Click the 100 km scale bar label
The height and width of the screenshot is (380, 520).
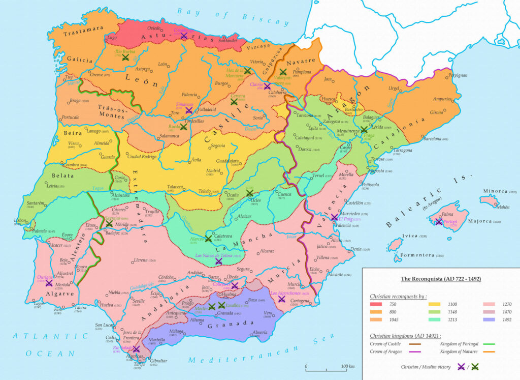click(348, 367)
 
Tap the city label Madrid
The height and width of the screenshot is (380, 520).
click(213, 171)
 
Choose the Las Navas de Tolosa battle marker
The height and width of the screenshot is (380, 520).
click(218, 261)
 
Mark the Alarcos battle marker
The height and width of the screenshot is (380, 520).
click(208, 238)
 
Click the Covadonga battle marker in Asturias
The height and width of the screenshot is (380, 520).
click(183, 36)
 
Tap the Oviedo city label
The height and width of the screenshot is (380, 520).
click(154, 27)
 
